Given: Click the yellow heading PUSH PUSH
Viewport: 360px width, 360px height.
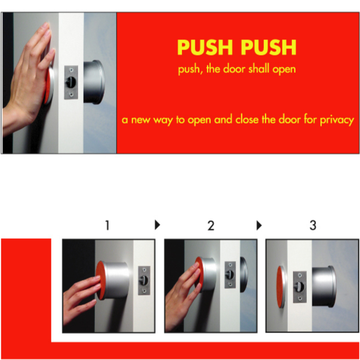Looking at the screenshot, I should pyautogui.click(x=236, y=47).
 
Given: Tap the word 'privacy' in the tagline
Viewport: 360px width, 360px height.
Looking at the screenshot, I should pyautogui.click(x=334, y=119).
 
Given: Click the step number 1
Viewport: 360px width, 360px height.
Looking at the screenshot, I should pyautogui.click(x=107, y=226).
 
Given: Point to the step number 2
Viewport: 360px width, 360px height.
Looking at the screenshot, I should pyautogui.click(x=210, y=226).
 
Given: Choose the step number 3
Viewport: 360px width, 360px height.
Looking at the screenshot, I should pyautogui.click(x=312, y=226).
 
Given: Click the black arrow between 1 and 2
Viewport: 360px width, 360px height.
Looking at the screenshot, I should pyautogui.click(x=158, y=225).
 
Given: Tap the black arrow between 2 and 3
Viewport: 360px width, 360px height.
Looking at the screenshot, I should pyautogui.click(x=259, y=225).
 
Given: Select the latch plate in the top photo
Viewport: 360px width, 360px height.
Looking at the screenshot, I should pyautogui.click(x=71, y=82).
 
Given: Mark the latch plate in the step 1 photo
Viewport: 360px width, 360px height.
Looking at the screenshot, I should pyautogui.click(x=144, y=280).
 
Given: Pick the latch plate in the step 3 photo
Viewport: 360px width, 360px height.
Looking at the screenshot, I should pyautogui.click(x=300, y=285).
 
